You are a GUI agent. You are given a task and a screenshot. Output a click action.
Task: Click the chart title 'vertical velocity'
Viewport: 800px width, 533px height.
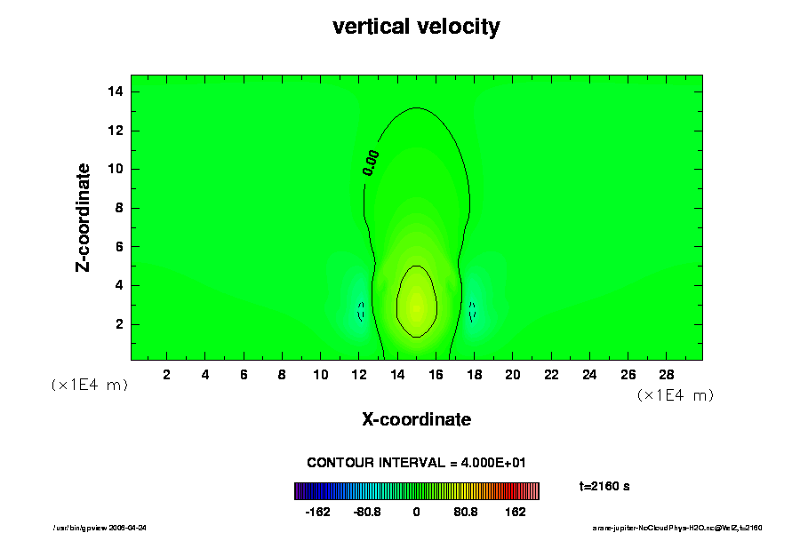[416, 27]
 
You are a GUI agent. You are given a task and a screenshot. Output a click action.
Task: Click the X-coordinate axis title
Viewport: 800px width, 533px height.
[416, 419]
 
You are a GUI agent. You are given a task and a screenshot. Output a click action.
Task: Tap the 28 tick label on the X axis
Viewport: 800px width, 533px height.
[667, 374]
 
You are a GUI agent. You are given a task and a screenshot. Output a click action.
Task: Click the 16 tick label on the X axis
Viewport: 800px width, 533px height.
[436, 374]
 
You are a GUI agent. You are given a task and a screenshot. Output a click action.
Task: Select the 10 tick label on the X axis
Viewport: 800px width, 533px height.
[320, 374]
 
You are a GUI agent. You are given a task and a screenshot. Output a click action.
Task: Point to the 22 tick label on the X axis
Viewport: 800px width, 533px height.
[551, 374]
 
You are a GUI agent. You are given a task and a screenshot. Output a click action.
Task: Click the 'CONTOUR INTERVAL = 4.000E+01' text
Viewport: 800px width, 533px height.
[416, 463]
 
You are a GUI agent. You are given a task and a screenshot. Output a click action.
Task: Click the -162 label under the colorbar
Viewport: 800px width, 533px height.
[317, 513]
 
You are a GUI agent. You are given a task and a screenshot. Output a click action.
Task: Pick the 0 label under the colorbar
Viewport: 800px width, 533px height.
[416, 513]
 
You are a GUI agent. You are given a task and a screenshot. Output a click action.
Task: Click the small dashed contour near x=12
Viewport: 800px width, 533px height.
[361, 311]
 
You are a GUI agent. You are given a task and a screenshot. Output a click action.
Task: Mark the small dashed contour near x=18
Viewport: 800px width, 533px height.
[472, 311]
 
